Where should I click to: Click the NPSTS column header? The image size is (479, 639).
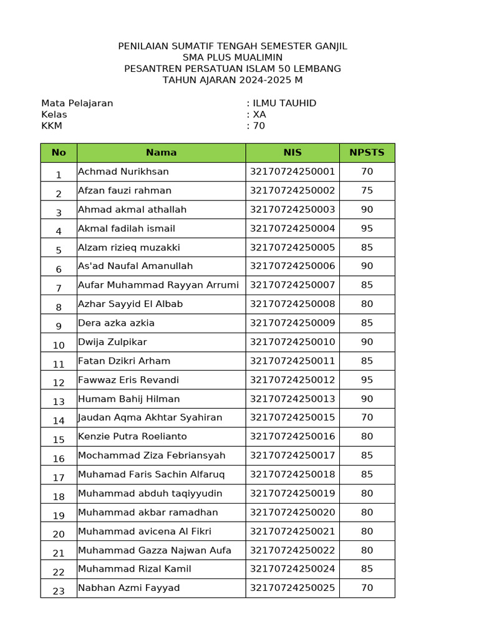(x=367, y=152)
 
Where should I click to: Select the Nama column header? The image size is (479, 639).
(x=161, y=152)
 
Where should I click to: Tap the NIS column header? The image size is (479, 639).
(x=292, y=152)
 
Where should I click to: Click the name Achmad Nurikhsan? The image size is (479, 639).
(x=123, y=172)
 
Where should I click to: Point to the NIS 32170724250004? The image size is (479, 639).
(x=293, y=228)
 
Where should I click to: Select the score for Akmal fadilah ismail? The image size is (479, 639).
(x=367, y=228)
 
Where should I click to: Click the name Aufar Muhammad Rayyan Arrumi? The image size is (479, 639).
(x=158, y=285)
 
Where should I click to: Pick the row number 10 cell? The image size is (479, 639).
(x=59, y=344)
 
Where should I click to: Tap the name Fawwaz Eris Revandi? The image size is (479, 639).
(x=128, y=380)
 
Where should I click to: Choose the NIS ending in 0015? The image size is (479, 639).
(x=293, y=417)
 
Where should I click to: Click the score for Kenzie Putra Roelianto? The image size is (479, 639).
(x=367, y=437)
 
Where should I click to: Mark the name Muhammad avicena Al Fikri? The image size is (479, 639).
(x=145, y=532)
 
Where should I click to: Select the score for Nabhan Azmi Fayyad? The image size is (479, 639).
(x=367, y=588)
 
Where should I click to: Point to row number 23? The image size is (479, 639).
(x=59, y=590)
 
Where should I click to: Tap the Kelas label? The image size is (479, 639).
(x=54, y=114)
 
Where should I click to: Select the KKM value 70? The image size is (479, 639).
(x=259, y=125)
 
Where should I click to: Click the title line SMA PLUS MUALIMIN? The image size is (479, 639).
(x=233, y=57)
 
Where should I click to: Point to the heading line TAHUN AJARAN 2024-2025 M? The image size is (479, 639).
(x=233, y=80)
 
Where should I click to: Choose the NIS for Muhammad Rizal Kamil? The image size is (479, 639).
(x=293, y=569)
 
